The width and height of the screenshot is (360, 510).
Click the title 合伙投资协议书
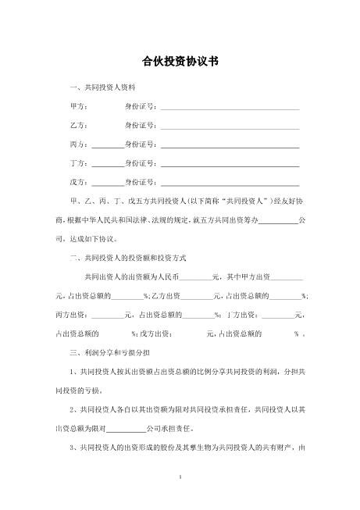click(x=180, y=59)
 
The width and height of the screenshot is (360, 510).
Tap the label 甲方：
click(x=80, y=106)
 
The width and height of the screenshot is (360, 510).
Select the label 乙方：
click(x=80, y=125)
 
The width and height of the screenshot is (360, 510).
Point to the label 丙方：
click(x=80, y=144)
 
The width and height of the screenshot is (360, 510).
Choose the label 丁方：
click(x=80, y=163)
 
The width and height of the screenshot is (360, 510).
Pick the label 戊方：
click(x=80, y=182)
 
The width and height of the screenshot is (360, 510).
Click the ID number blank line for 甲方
click(x=230, y=108)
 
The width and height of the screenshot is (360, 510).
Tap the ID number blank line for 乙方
click(x=230, y=127)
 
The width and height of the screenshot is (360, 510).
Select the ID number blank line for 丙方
click(x=230, y=146)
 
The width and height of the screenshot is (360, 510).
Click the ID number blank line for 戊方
click(x=230, y=184)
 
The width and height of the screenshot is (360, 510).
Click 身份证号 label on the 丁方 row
click(x=141, y=163)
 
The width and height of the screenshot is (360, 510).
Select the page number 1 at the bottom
click(x=180, y=475)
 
